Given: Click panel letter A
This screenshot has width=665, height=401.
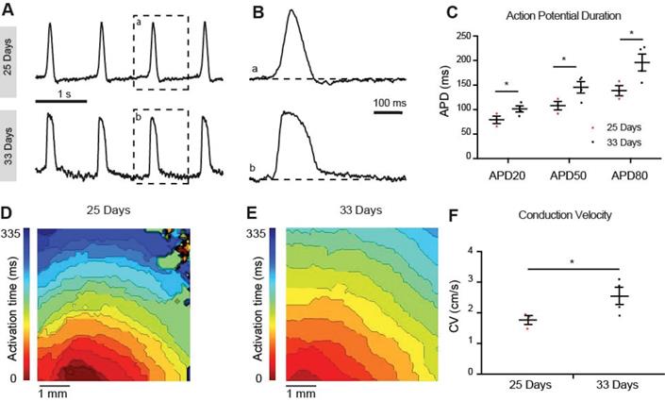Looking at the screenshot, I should coord(12,10).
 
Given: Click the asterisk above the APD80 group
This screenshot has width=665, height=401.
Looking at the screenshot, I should coord(631,33).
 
